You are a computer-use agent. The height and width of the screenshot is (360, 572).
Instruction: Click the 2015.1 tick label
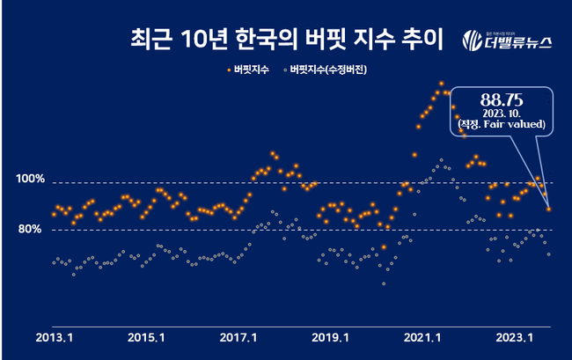145,337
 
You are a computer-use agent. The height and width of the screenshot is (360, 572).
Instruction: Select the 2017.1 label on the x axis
238,337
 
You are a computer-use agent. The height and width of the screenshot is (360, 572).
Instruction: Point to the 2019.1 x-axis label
331,337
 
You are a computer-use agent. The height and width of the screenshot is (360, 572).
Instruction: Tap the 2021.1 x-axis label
423,337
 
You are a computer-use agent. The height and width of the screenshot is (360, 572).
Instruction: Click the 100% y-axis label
30,180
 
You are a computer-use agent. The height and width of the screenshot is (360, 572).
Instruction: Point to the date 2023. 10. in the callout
502,114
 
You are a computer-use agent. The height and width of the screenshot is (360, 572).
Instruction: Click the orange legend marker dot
228,68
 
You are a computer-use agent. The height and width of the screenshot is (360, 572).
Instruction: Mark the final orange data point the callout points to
549,209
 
